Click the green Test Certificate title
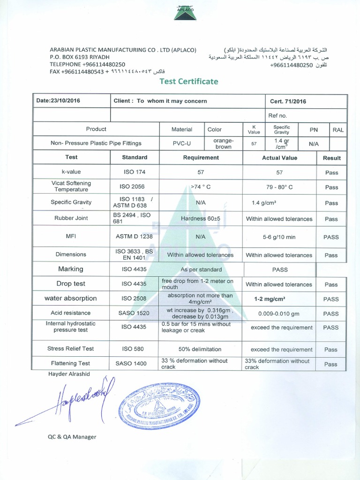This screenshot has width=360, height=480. (x=189, y=82)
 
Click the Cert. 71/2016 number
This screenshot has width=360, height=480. (x=288, y=101)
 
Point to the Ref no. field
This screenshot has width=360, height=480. (x=277, y=115)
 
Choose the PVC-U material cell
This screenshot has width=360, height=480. (x=181, y=143)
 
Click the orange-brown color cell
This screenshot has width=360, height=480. (x=223, y=143)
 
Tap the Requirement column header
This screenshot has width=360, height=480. (x=201, y=158)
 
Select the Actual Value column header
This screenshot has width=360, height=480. (x=279, y=158)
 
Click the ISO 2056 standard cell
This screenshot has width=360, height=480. (x=135, y=187)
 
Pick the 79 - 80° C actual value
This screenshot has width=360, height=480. (x=279, y=187)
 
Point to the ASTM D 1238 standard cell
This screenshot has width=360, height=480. (x=135, y=237)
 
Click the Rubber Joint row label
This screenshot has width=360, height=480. (x=71, y=218)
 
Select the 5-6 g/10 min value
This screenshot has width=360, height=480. (x=279, y=237)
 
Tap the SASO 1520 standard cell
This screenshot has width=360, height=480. (x=135, y=314)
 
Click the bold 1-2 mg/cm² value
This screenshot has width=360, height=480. (x=270, y=299)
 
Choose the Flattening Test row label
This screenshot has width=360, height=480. (x=71, y=363)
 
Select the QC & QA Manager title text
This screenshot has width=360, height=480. (x=72, y=437)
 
